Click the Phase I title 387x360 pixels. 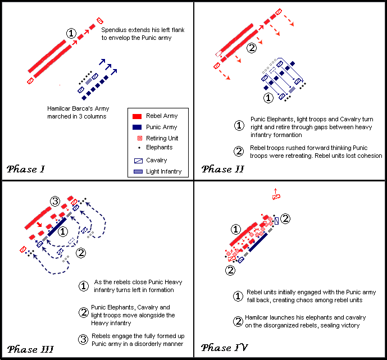click(x=27, y=168)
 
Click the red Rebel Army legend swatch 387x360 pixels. click(x=137, y=116)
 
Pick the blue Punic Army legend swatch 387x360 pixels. click(x=137, y=127)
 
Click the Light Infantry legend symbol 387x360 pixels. click(x=138, y=171)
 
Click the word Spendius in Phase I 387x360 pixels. click(x=114, y=29)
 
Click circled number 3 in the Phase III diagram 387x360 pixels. click(x=54, y=201)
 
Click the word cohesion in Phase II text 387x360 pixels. click(x=368, y=156)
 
